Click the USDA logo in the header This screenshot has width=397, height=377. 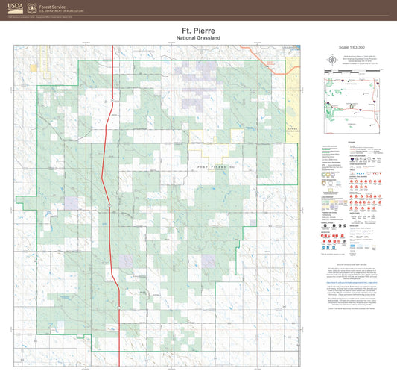15,8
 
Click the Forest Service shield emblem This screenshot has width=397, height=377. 31,8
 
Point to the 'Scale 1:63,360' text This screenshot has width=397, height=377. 350,48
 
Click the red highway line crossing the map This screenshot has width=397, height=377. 112,149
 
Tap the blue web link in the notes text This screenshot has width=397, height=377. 350,283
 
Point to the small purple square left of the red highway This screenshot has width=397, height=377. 71,202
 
